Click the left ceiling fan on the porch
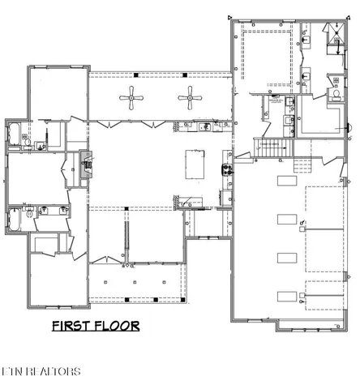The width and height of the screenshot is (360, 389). pos(131,100)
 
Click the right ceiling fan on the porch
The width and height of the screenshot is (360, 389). pos(191,100)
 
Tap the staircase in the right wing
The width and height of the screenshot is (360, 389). pos(270,148)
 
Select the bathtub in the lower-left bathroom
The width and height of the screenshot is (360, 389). pos(15,220)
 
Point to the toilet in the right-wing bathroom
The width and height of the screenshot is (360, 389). pos(336,95)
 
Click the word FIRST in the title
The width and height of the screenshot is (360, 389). pos(74,327)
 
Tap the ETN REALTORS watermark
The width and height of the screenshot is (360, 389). pos(41,372)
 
